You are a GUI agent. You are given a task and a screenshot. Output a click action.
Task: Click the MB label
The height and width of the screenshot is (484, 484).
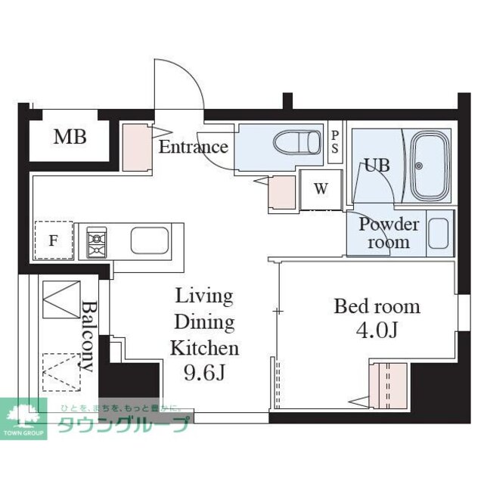[70, 137]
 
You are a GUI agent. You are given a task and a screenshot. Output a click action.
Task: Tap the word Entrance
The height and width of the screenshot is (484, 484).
[194, 147]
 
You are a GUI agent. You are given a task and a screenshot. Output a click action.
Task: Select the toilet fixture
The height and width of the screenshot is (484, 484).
[297, 142]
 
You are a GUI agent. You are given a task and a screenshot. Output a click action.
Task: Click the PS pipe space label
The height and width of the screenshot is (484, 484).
[335, 142]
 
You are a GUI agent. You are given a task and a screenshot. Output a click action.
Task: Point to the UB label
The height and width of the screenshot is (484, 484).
[377, 165]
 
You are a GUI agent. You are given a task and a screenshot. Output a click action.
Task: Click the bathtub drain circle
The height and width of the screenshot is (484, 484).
[418, 166]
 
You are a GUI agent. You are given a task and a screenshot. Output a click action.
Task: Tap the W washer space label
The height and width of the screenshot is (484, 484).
[321, 188]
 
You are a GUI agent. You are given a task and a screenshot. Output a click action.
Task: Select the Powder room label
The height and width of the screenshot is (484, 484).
[389, 233]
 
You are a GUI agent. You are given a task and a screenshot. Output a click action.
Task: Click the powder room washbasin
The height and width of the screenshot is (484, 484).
[439, 234]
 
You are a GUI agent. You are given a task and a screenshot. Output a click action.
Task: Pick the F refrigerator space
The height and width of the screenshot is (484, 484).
[54, 240]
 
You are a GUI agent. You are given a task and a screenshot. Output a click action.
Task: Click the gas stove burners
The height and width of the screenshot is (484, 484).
[97, 242]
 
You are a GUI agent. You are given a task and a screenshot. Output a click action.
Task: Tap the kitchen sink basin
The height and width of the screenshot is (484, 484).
[150, 240]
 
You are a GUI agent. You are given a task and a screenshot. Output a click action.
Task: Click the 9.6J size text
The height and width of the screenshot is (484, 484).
[205, 373]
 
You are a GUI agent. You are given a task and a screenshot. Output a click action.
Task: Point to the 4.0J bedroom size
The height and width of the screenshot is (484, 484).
[377, 330]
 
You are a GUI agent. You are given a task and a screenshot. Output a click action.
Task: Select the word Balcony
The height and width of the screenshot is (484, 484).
[88, 337]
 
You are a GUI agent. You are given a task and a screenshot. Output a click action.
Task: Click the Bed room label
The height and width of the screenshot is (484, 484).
[377, 306]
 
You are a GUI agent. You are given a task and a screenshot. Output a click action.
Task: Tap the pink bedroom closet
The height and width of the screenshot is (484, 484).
[388, 386]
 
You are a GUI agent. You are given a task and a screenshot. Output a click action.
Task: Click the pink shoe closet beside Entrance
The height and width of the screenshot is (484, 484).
[137, 147]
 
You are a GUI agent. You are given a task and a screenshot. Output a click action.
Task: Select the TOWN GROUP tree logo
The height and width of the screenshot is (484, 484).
[23, 419]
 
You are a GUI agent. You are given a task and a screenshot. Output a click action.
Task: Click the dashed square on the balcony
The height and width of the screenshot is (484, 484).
[61, 373]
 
